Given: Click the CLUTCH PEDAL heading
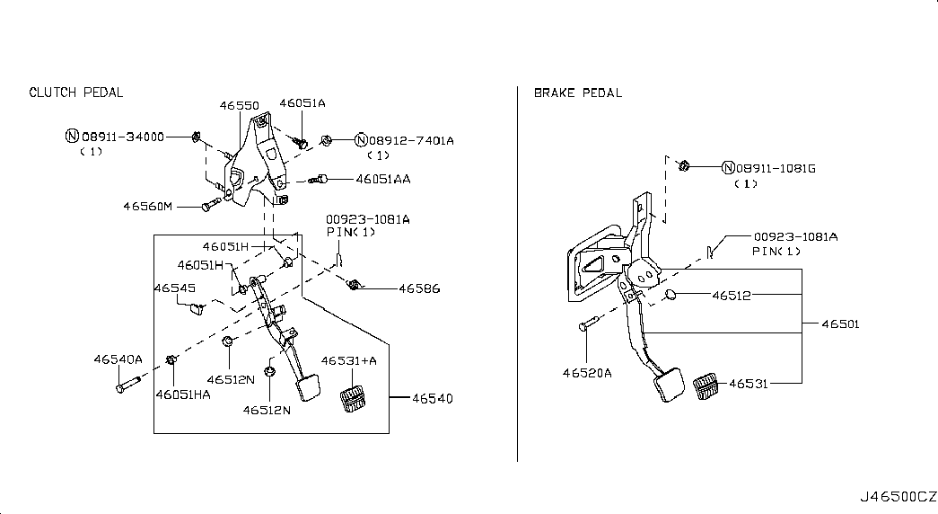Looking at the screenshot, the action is click(x=76, y=93).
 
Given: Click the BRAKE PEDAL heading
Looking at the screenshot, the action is click(x=578, y=93).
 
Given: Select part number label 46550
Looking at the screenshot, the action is click(x=240, y=105).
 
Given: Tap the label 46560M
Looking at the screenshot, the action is click(x=148, y=206).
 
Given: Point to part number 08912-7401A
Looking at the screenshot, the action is click(x=411, y=140).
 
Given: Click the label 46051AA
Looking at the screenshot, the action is click(x=383, y=179).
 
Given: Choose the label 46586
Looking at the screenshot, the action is click(x=419, y=288).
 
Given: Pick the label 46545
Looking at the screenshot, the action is click(x=175, y=288).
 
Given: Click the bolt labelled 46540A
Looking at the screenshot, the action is click(x=128, y=384).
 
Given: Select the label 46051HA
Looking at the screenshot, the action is click(x=183, y=394).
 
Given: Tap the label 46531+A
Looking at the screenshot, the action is click(x=349, y=360).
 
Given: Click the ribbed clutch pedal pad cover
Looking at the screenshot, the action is click(x=353, y=399).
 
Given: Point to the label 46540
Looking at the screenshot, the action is click(x=433, y=398).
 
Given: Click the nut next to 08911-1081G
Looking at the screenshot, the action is click(x=684, y=165).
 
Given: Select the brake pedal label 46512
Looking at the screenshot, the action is click(x=731, y=296).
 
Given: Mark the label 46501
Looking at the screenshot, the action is click(x=840, y=324).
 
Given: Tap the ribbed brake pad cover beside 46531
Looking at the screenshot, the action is click(x=706, y=385).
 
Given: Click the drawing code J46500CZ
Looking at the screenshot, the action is click(x=898, y=497).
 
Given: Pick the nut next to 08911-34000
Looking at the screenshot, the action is click(x=196, y=137).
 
